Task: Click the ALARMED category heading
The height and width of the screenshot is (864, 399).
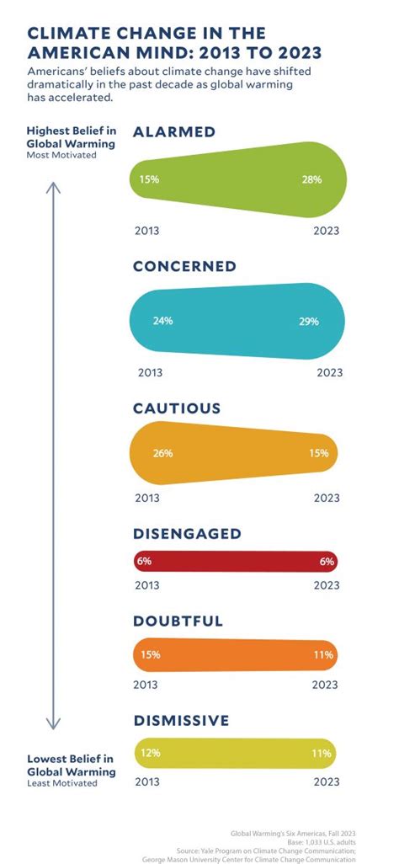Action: coord(174,131)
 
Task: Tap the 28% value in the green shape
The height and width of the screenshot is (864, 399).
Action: coord(312,179)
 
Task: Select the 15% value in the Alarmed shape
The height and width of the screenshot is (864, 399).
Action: coord(149,179)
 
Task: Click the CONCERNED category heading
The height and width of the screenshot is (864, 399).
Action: coord(184,267)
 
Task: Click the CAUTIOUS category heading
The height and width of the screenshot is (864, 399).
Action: coord(177,408)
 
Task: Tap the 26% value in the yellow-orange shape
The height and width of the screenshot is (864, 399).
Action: coord(162,453)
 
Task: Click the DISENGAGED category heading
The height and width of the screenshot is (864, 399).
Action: coord(187,534)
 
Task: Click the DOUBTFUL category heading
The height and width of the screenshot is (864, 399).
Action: coord(178,621)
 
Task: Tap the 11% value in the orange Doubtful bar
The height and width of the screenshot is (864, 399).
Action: coord(323,654)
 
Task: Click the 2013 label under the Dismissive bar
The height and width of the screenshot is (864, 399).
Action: coord(148,781)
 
